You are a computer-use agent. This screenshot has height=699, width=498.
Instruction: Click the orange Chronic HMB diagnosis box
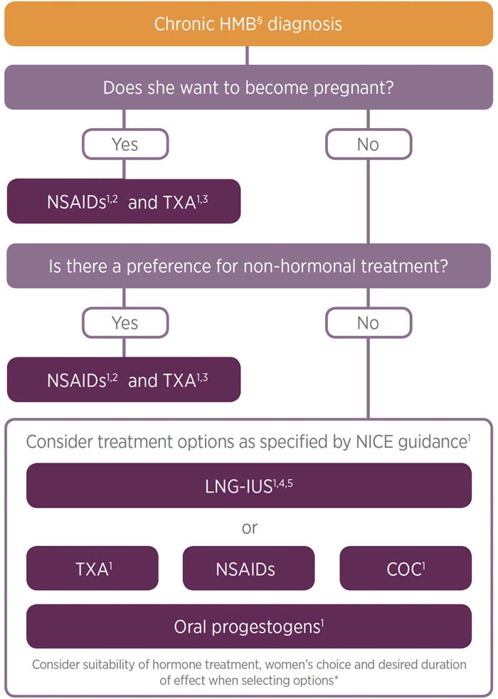pyautogui.click(x=248, y=23)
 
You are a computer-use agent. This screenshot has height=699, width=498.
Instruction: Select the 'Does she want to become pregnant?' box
pyautogui.click(x=248, y=88)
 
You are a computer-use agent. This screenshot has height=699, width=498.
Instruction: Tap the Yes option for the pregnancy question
pyautogui.click(x=124, y=144)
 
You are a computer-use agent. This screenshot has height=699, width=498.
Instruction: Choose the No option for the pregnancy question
pyautogui.click(x=368, y=144)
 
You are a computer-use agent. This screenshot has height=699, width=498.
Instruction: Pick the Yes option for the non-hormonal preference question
pyautogui.click(x=124, y=323)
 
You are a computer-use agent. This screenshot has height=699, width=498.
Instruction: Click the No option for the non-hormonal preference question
pyautogui.click(x=368, y=323)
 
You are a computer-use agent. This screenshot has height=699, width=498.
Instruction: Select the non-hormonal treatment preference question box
pyautogui.click(x=248, y=266)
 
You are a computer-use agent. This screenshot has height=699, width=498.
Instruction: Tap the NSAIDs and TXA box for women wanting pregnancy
pyautogui.click(x=124, y=201)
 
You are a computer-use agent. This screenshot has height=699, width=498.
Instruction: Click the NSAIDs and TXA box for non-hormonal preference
pyautogui.click(x=124, y=380)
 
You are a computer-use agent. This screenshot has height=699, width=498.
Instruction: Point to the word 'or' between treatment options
pyautogui.click(x=248, y=527)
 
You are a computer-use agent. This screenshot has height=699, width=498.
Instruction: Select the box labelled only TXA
pyautogui.click(x=92, y=568)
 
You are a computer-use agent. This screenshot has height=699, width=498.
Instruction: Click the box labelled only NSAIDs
pyautogui.click(x=248, y=568)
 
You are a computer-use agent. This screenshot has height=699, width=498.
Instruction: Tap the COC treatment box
pyautogui.click(x=405, y=568)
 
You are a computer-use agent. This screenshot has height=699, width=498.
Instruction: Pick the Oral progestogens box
pyautogui.click(x=248, y=626)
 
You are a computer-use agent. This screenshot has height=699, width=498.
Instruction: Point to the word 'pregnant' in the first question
pyautogui.click(x=355, y=89)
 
